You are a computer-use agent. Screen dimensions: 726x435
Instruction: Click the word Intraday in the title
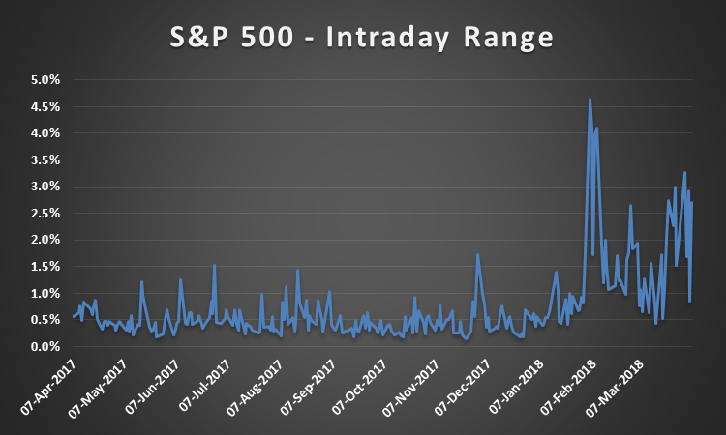coord(387,38)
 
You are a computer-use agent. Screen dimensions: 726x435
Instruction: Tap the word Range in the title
coord(508,38)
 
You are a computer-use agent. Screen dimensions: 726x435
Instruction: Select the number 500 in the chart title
coord(267,37)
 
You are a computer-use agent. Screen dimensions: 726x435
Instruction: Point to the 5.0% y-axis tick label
coord(45,80)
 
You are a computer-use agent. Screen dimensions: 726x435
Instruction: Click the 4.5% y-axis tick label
coord(45,106)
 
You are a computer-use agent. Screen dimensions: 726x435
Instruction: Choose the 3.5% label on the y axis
coord(45,159)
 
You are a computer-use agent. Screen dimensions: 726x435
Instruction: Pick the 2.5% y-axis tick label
coord(45,213)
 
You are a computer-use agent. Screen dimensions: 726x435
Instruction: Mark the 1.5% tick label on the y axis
coord(45,266)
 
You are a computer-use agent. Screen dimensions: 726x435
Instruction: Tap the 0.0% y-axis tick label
coord(45,346)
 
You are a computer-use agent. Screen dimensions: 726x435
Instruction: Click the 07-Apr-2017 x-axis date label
coord(47,388)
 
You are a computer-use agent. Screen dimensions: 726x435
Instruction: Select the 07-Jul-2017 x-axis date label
coord(204,386)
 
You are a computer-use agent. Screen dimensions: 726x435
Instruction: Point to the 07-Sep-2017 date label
coord(308,388)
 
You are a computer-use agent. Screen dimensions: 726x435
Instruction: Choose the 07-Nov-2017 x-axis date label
coord(410,388)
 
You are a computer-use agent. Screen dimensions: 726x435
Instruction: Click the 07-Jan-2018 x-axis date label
coord(516,387)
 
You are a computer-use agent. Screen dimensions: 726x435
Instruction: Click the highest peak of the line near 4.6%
coord(590,99)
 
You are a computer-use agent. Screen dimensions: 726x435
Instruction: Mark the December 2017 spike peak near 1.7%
coord(477,254)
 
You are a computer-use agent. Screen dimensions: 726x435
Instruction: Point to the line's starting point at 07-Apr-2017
coord(74,317)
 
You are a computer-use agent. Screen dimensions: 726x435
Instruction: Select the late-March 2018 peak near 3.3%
coord(684,172)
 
